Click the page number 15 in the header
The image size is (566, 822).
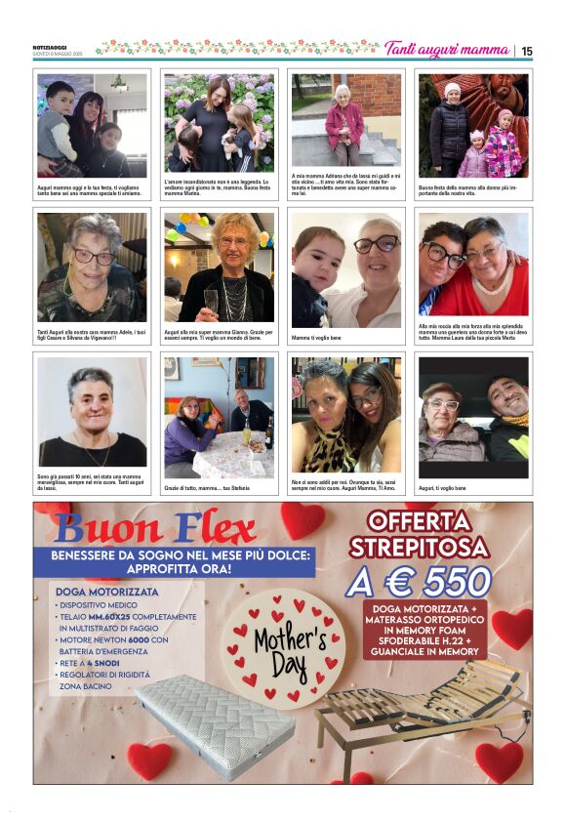527,51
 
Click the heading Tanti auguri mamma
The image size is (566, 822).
447,50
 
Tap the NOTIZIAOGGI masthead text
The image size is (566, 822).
50,46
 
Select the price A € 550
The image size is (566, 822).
419,582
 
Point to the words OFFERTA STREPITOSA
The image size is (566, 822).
419,533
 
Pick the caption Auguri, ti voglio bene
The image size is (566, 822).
443,487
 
